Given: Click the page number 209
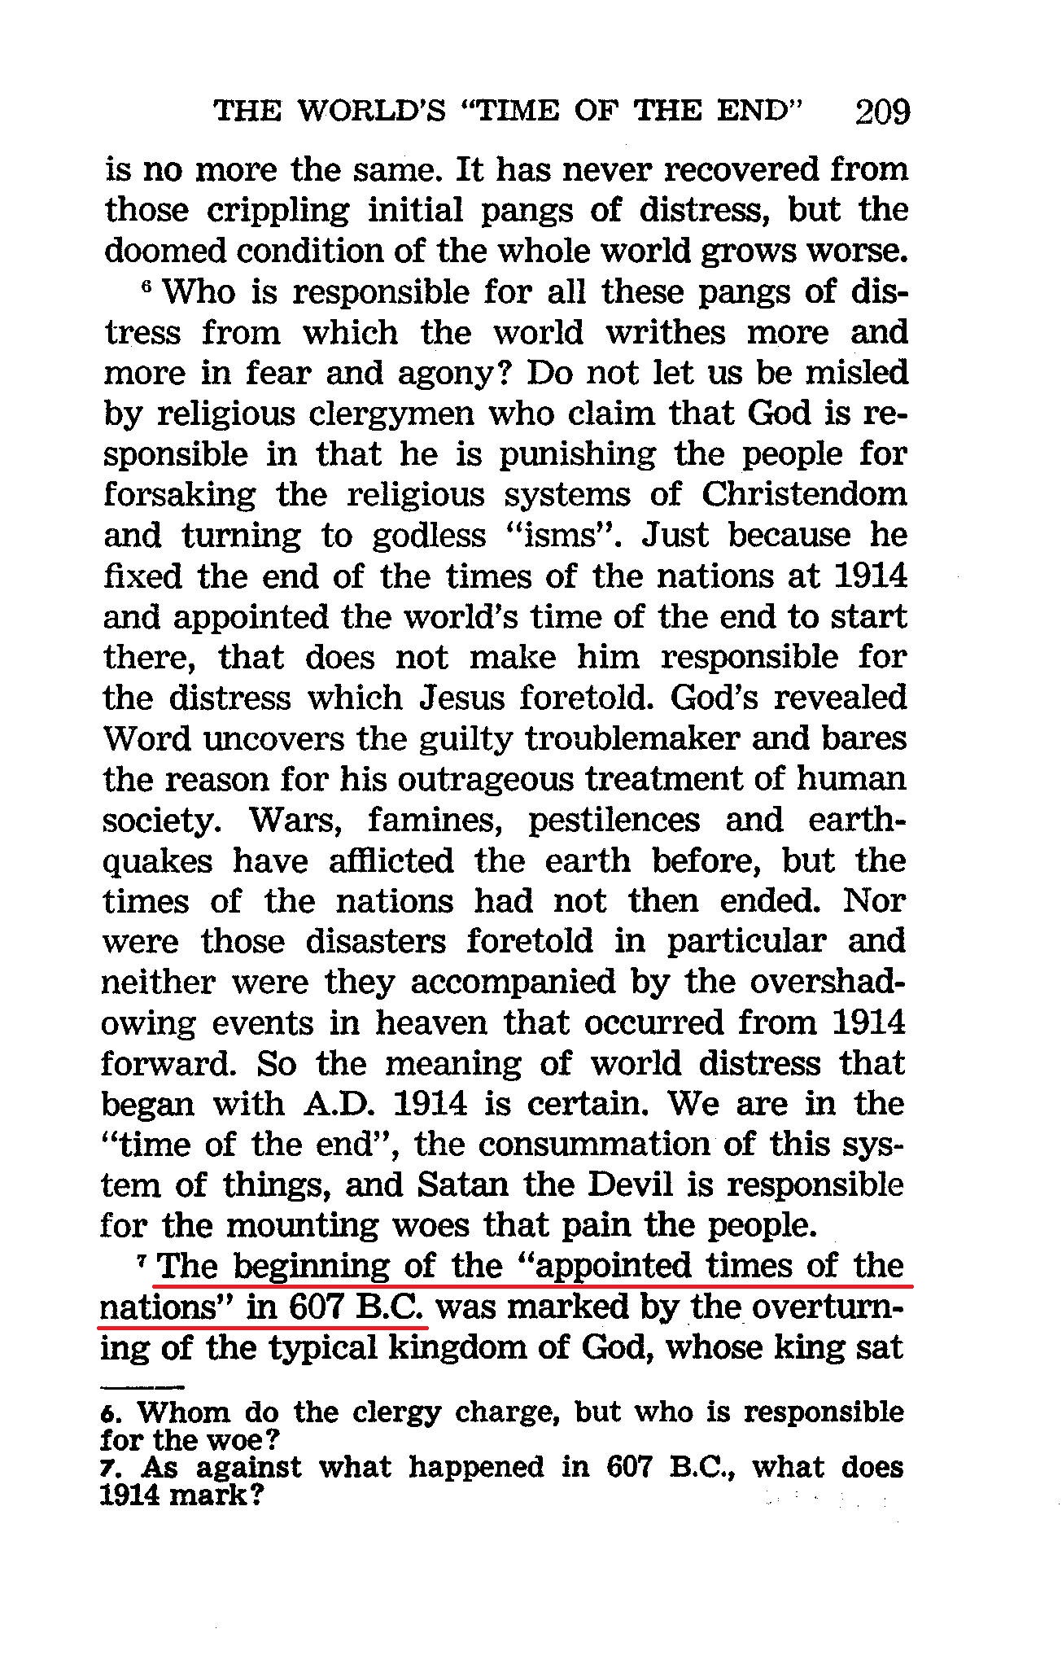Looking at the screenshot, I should coord(882,112).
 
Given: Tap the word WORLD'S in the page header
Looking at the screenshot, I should coord(371,112).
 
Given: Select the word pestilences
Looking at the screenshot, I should coord(614,820).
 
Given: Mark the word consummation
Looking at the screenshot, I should coord(594,1145).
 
